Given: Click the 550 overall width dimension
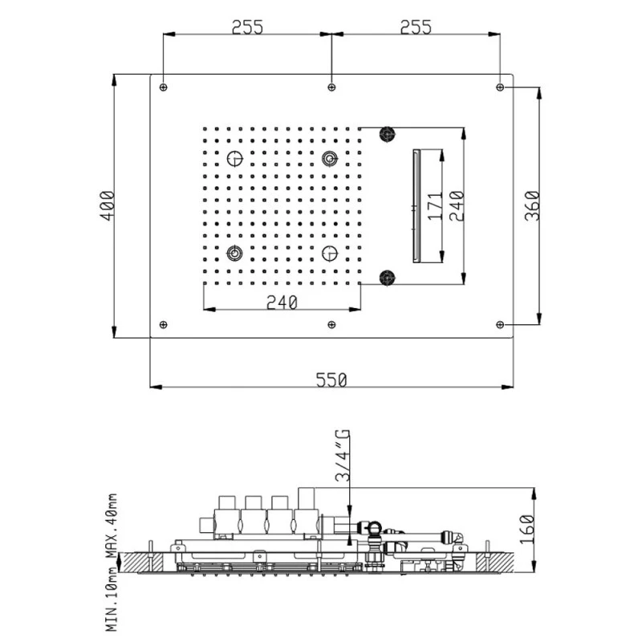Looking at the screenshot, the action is pos(331,380).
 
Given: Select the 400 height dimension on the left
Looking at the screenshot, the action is pos(108,205).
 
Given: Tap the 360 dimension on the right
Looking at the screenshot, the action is pos(533,205).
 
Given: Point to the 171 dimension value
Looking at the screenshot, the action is pos(436,205).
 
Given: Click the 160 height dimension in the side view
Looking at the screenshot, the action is pos(527,529).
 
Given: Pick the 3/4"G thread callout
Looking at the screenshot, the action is pos(343,455).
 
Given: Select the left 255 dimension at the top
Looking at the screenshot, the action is pos(247,27).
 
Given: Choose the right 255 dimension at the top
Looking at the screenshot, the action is pos(416,27).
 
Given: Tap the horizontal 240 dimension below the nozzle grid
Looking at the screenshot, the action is pos(282,303).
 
